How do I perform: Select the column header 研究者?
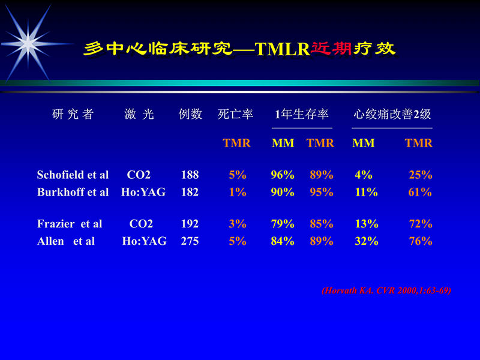pos(73,115)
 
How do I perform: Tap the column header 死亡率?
pos(235,115)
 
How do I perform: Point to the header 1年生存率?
pos(302,115)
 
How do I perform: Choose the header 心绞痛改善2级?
pos(392,115)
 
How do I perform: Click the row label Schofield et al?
pos(73,175)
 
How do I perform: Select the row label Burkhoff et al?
pos(73,193)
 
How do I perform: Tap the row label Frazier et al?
pos(70,224)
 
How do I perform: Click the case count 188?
pos(190,175)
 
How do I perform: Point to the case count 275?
pos(190,241)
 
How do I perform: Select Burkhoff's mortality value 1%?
pos(238,193)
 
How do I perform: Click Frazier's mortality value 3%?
pos(238,224)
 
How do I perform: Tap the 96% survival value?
pos(283,175)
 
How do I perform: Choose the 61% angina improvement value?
pos(420,193)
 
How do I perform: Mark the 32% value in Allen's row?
pos(366,241)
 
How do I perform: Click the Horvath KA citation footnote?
pos(386,290)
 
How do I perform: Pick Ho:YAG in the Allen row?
pos(144,241)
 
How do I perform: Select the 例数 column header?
pos(190,115)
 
